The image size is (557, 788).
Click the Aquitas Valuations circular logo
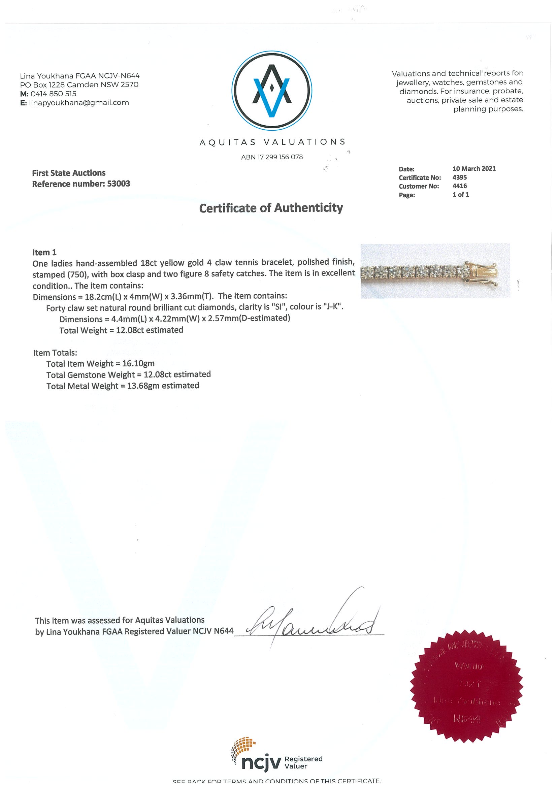tap(272, 91)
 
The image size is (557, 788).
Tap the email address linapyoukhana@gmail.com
tap(79, 103)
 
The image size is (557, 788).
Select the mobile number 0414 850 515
tap(53, 94)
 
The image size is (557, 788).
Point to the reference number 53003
tap(119, 184)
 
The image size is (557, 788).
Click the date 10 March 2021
tap(474, 168)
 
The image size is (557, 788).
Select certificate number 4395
tap(460, 177)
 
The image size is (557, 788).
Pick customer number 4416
tap(460, 186)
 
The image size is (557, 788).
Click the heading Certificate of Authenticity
tap(271, 208)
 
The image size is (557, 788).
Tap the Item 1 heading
tap(44, 253)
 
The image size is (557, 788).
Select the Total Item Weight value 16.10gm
tap(138, 363)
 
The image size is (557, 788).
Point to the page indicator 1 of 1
tap(461, 195)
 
